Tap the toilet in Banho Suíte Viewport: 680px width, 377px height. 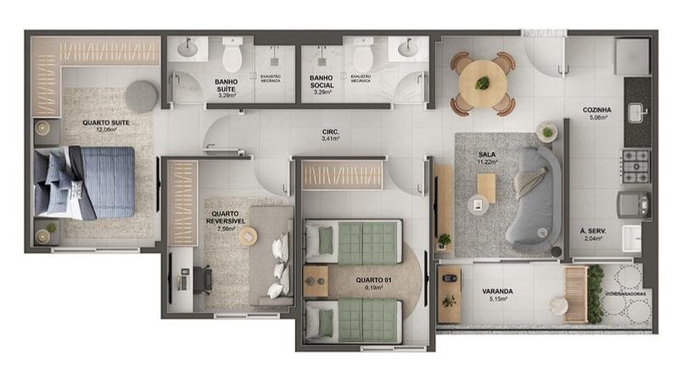tap(232, 57)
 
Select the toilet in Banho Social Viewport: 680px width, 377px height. tap(364, 57)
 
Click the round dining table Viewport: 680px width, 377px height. tap(483, 83)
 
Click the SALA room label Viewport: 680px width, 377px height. tap(488, 155)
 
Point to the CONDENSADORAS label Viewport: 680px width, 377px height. tap(630, 294)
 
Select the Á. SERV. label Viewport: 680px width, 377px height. tap(592, 232)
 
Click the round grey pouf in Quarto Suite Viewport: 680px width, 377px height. tap(141, 96)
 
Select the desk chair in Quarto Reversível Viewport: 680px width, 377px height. tap(204, 279)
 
